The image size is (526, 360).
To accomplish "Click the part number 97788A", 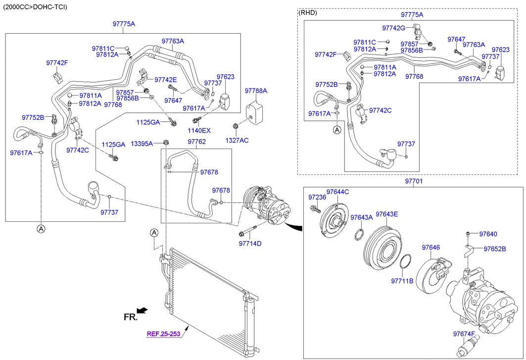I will point(256,91).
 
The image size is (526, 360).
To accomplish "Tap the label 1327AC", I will point(238,140).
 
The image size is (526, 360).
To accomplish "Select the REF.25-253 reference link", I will point(163,334).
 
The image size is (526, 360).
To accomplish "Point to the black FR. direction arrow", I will point(142,310).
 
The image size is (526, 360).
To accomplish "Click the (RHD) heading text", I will point(308,12).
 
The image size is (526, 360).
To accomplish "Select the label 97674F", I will point(464,334).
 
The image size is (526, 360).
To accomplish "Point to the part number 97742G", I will point(393,28).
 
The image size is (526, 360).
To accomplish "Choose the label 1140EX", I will point(199,130).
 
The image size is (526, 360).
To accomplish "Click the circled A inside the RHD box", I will point(336,130).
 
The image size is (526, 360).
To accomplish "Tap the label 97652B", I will point(495,249).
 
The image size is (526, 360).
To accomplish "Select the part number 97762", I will point(196,142).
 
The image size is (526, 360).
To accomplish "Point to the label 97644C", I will point(337,192).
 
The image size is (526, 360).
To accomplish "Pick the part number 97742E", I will point(166,80).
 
